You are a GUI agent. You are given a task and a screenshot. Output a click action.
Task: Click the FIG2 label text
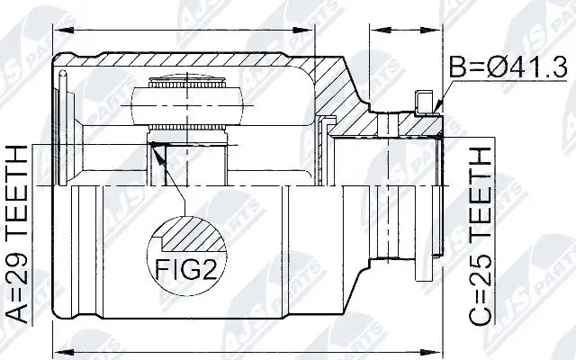tap(185, 269)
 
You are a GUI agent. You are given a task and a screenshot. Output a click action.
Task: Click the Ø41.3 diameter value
tap(528, 67)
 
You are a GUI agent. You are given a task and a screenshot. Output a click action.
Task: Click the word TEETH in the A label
tap(17, 190)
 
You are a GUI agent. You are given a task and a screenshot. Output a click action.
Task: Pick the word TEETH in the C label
tap(480, 192)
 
